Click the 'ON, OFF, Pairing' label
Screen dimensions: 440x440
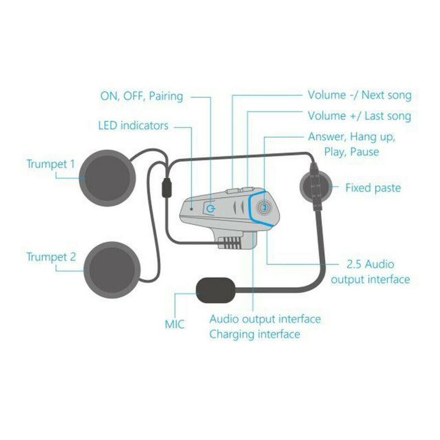click(x=141, y=96)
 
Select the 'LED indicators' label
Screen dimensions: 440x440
click(x=133, y=126)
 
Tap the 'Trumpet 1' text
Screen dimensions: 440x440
click(x=51, y=163)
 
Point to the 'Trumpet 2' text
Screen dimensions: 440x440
click(x=51, y=256)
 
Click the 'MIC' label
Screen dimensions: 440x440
click(x=175, y=324)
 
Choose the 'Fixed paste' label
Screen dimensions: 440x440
click(x=373, y=188)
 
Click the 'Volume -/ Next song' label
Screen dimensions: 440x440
click(x=359, y=96)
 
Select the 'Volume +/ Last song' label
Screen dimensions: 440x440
click(x=359, y=116)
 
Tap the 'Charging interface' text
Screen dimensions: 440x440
click(x=255, y=334)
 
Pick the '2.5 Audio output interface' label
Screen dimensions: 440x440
click(x=370, y=272)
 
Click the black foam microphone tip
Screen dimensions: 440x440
click(x=216, y=290)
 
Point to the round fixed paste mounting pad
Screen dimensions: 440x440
click(x=315, y=188)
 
